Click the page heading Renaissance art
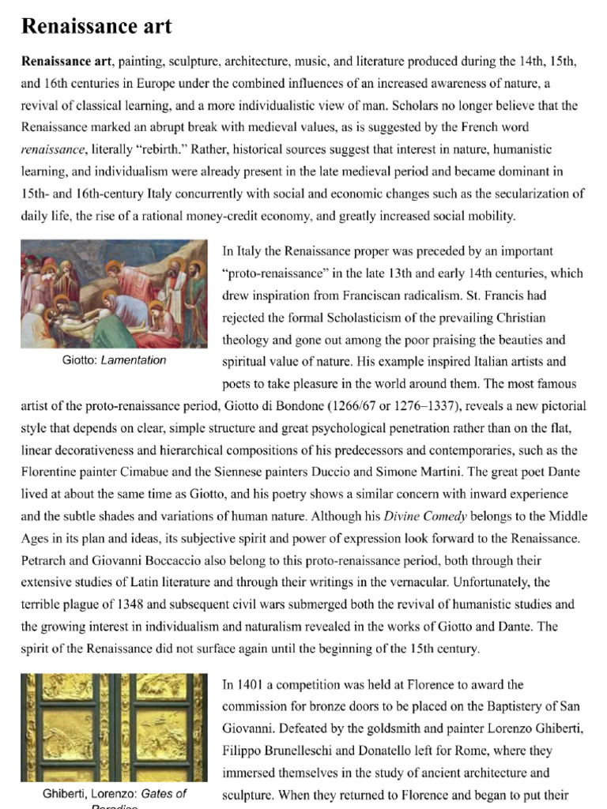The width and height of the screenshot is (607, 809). pyautogui.click(x=96, y=28)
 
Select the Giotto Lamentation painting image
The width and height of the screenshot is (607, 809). pyautogui.click(x=114, y=294)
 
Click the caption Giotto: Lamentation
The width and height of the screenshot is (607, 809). pyautogui.click(x=115, y=360)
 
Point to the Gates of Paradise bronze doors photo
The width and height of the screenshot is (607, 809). pyautogui.click(x=115, y=728)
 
